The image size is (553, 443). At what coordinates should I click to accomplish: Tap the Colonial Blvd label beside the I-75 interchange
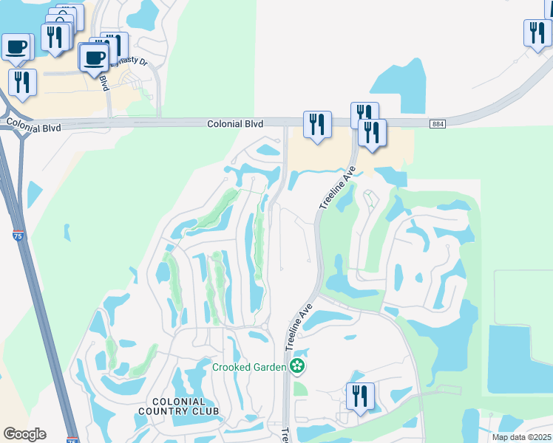[x=33, y=125]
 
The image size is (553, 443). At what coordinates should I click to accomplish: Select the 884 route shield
[x=437, y=125]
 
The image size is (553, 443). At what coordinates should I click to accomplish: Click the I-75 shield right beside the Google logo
[x=72, y=440]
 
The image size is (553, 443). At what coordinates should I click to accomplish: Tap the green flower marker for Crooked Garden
[x=296, y=365]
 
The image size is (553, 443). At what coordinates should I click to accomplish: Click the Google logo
[x=24, y=434]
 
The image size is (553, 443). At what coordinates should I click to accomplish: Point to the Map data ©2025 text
[x=521, y=437]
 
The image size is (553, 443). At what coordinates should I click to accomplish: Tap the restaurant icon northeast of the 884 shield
[x=537, y=32]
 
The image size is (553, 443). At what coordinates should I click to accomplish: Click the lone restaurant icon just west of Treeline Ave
[x=317, y=124]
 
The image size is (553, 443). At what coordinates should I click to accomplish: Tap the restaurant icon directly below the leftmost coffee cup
[x=22, y=81]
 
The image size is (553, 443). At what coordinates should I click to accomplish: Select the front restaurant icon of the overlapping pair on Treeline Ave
[x=372, y=132]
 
